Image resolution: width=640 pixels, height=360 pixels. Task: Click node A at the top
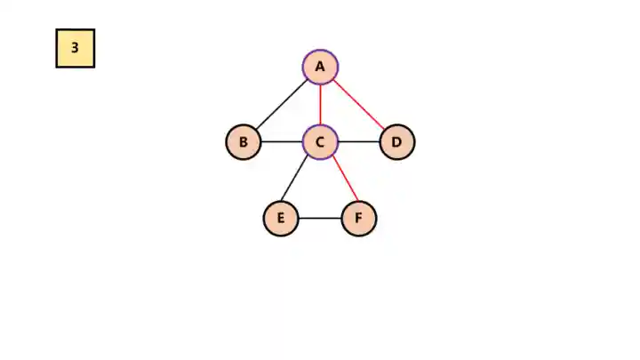(320, 67)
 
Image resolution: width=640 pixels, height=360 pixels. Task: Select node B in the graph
(244, 142)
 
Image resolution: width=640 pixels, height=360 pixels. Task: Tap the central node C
(320, 142)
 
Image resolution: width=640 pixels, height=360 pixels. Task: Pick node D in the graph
(397, 142)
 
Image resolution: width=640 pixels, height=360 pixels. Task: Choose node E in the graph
(281, 219)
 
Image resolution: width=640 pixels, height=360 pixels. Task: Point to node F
(359, 219)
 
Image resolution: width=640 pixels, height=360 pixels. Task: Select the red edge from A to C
(320, 104)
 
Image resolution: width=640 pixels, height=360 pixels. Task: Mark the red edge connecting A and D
(359, 105)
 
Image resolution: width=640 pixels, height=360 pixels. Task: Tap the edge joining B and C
(282, 142)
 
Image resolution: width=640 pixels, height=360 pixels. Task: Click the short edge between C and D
(359, 142)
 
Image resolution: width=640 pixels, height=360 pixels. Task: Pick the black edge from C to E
(300, 180)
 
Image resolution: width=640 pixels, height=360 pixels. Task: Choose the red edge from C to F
(340, 180)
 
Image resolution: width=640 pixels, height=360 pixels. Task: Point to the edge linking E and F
(320, 219)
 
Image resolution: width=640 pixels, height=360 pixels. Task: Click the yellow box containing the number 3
(76, 48)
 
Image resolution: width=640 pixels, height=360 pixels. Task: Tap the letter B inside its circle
(244, 142)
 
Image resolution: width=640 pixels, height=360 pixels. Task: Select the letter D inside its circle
(397, 142)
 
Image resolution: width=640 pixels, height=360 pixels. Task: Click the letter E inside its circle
(281, 219)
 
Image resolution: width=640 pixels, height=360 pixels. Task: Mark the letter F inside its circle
(359, 219)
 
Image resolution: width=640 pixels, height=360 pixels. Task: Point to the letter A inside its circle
(320, 67)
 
